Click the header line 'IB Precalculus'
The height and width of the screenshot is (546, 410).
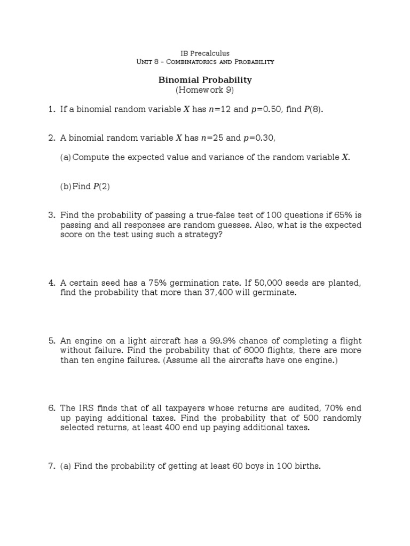tap(205, 53)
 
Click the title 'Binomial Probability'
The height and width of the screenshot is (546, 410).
tap(205, 80)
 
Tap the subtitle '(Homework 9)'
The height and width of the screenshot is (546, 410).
tap(205, 90)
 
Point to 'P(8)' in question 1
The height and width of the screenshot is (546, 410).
tap(314, 109)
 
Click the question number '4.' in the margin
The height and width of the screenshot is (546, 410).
tap(52, 283)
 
